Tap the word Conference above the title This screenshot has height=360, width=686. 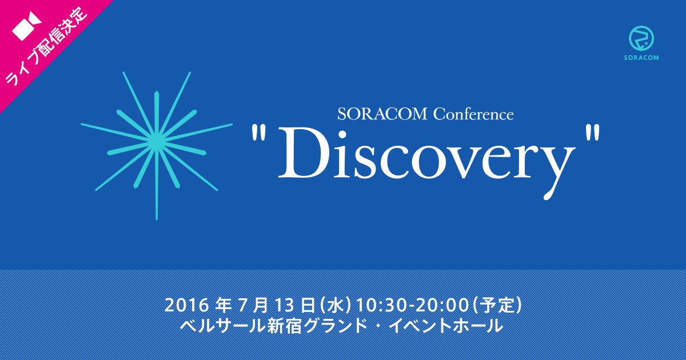(473, 114)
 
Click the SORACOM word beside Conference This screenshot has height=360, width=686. (382, 114)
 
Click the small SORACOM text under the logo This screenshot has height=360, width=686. (641, 58)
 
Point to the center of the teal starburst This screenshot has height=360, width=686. (157, 141)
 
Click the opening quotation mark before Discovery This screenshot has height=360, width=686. (258, 133)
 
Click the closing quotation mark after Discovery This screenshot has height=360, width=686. (592, 133)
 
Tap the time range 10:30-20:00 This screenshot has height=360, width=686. (413, 305)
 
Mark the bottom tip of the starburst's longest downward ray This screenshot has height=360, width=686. (157, 220)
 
